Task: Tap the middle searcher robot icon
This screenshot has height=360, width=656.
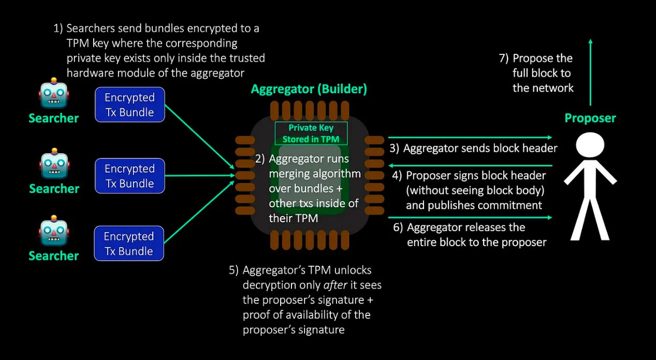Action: [54, 165]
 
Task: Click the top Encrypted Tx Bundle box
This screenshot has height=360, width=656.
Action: [129, 105]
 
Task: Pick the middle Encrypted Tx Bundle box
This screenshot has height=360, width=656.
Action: [129, 176]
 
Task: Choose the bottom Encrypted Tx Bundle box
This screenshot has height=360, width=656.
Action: [129, 243]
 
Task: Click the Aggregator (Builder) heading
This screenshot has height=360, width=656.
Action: [309, 89]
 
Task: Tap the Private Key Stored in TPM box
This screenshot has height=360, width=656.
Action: [311, 133]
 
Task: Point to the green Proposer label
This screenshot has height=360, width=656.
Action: [590, 118]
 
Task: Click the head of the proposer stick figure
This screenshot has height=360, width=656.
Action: [590, 145]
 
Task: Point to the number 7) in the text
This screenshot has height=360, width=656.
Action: [504, 59]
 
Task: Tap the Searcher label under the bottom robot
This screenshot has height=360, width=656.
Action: [54, 255]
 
